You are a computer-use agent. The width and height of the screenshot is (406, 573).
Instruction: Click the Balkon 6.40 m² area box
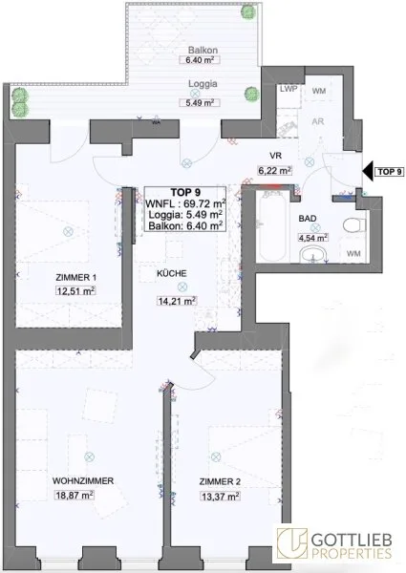point(200,59)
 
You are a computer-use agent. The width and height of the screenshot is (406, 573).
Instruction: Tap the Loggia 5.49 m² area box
point(200,103)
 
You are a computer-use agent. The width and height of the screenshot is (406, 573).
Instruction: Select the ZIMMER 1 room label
point(76,278)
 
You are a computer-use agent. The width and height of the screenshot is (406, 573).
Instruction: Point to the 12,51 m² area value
point(76,291)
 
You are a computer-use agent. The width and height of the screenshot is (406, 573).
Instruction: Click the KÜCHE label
point(172,273)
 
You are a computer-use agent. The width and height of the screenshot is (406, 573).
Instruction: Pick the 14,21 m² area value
point(177,301)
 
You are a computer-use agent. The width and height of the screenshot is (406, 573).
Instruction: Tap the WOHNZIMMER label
point(83,481)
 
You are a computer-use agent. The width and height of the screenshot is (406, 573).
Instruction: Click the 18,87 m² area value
point(75,495)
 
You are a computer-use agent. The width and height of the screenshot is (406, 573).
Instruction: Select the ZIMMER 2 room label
point(220,482)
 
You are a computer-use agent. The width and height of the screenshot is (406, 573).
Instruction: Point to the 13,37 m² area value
point(220,497)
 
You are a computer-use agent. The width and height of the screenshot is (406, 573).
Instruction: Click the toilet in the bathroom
point(354,224)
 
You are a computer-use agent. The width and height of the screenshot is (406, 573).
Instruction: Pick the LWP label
point(288,89)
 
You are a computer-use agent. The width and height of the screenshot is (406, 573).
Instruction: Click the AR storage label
point(318,121)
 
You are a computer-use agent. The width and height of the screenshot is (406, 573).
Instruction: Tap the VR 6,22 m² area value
point(274,170)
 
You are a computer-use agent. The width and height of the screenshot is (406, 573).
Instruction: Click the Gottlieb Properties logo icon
point(291,543)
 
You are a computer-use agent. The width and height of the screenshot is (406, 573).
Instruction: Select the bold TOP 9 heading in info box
point(185,192)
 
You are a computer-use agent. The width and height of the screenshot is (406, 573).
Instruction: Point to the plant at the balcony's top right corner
point(248,12)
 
